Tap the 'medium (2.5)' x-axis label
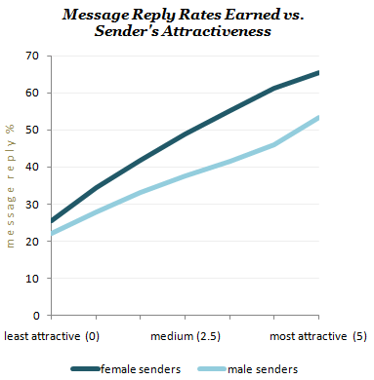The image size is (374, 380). [185, 336]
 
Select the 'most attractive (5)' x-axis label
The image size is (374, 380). [316, 336]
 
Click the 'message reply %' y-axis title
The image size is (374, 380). [12, 184]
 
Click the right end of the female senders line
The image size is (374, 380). [318, 72]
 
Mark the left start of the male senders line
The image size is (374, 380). [51, 234]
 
